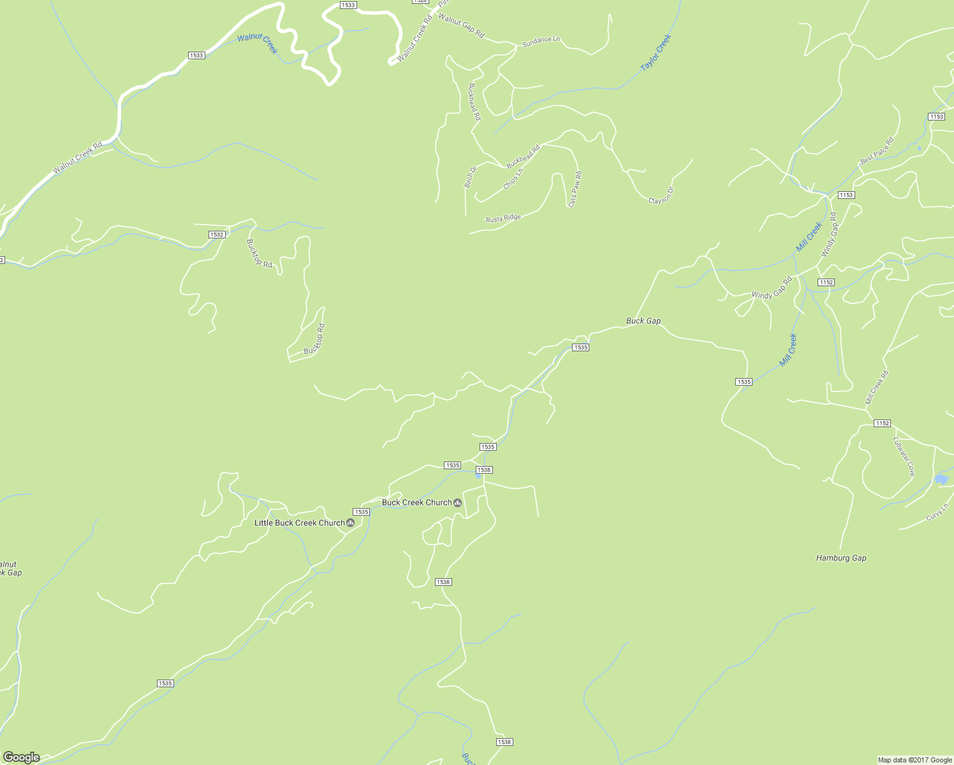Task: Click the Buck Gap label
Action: click(x=643, y=321)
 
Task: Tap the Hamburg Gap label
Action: click(x=840, y=558)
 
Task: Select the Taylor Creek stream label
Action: click(x=656, y=52)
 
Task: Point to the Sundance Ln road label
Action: click(x=541, y=40)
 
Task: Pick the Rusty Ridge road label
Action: click(x=503, y=218)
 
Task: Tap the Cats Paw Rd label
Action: click(x=575, y=189)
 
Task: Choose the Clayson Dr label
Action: click(x=661, y=196)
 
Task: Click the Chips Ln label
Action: click(x=513, y=178)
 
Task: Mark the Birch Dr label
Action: click(x=470, y=177)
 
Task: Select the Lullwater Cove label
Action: click(x=904, y=456)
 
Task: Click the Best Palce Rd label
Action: click(x=877, y=150)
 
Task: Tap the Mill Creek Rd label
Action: click(x=876, y=388)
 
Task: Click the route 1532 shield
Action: click(x=217, y=235)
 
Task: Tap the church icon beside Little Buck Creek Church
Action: click(x=350, y=523)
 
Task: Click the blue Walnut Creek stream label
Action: click(x=258, y=43)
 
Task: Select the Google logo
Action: click(x=21, y=757)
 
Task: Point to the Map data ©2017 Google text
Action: click(x=914, y=760)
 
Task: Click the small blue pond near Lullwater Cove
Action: click(x=941, y=479)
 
